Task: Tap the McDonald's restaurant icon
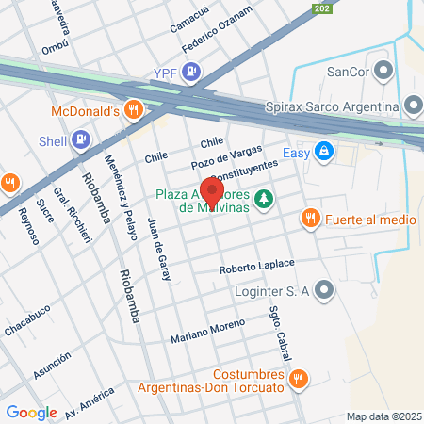click(135, 109)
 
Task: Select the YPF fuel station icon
click(192, 70)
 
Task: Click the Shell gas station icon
click(81, 140)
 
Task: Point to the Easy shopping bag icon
click(324, 151)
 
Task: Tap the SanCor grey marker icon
click(383, 70)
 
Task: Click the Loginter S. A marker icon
click(325, 290)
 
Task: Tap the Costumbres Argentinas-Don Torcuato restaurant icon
click(298, 379)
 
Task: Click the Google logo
click(31, 412)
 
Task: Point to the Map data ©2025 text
click(382, 416)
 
